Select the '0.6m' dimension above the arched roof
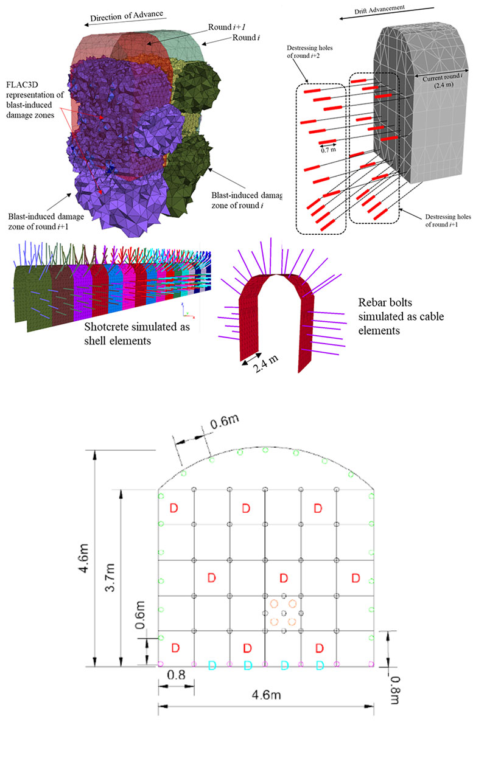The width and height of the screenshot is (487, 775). click(224, 423)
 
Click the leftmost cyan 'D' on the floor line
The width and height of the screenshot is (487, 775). click(212, 666)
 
